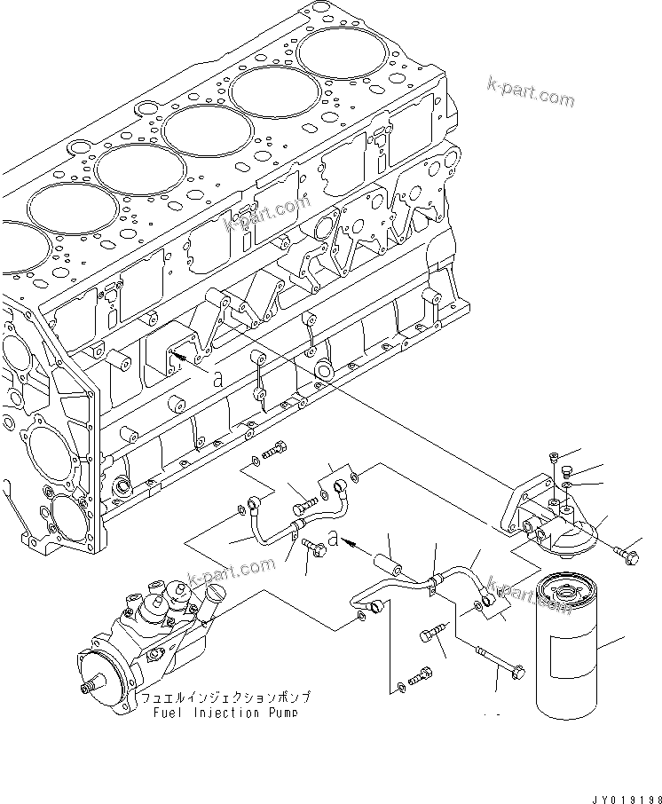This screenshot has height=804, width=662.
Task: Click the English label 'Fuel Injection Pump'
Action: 223,713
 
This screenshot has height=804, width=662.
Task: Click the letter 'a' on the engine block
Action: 217,377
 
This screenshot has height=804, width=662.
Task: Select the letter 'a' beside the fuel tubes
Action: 332,538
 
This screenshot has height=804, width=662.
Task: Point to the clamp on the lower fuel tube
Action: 431,580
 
